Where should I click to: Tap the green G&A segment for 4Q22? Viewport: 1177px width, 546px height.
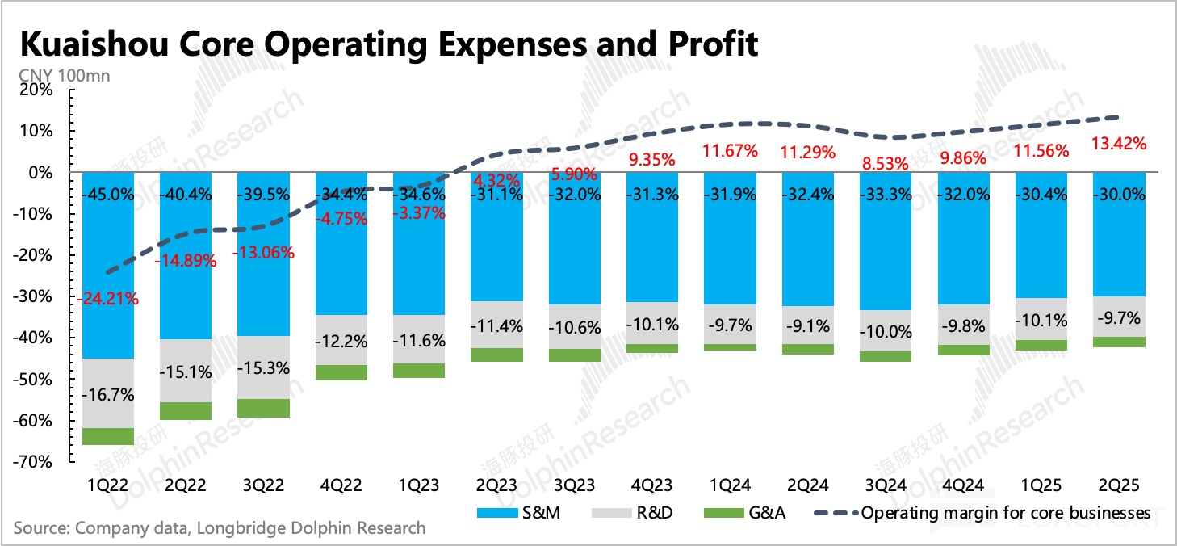341,372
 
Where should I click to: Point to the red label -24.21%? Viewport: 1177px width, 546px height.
109,299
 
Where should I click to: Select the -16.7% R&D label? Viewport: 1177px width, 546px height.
108,395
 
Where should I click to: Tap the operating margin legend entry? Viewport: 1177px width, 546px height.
985,513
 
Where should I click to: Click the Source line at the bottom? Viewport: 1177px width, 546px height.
219,529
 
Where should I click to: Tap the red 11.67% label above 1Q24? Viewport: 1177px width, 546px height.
730,150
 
